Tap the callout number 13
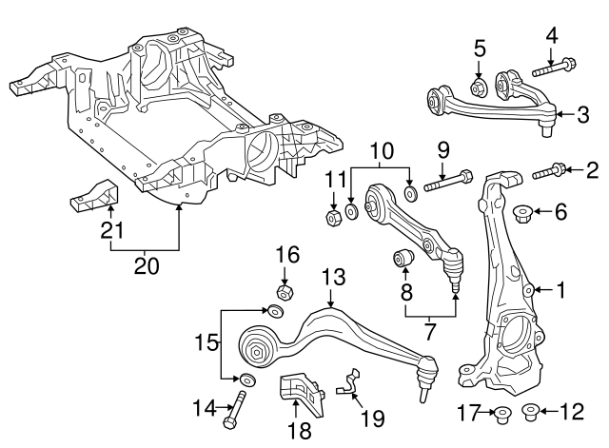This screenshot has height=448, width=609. pyautogui.click(x=331, y=277)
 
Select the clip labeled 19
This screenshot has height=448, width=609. pyautogui.click(x=349, y=383)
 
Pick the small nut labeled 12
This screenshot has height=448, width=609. pyautogui.click(x=532, y=412)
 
